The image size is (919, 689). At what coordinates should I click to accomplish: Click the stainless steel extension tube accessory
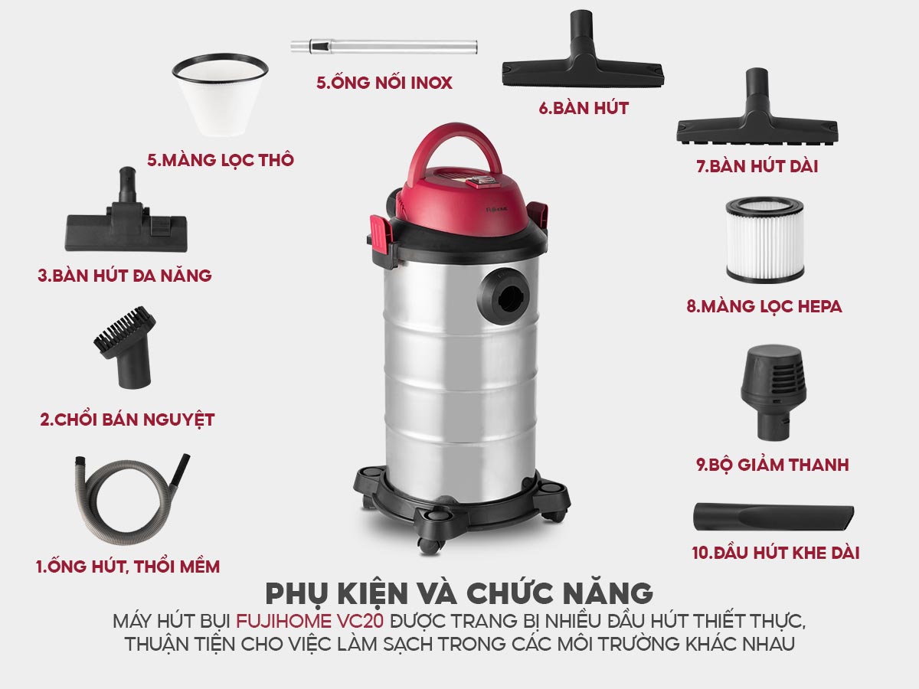pyautogui.click(x=383, y=46)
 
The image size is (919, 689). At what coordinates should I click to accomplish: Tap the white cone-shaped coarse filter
pyautogui.click(x=220, y=96)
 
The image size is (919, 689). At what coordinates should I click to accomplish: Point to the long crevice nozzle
pyautogui.click(x=773, y=517)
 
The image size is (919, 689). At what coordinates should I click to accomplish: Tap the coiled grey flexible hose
pyautogui.click(x=126, y=501)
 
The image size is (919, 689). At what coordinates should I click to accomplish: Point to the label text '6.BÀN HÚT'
pyautogui.click(x=583, y=108)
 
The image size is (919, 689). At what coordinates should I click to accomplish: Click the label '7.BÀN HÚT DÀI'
pyautogui.click(x=757, y=166)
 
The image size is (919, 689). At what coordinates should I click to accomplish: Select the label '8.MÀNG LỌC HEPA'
pyautogui.click(x=764, y=307)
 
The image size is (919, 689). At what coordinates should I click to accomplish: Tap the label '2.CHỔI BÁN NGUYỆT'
pyautogui.click(x=127, y=420)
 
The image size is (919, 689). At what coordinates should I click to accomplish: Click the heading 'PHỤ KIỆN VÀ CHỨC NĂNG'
pyautogui.click(x=459, y=593)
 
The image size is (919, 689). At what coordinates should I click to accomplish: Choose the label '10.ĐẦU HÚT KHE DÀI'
pyautogui.click(x=775, y=552)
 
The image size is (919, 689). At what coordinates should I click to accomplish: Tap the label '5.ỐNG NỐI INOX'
pyautogui.click(x=384, y=83)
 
